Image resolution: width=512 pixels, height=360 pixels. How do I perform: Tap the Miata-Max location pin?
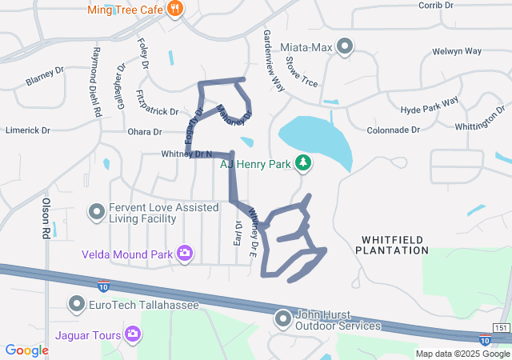(x=345, y=47)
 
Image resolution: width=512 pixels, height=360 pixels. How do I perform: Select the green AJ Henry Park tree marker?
(x=303, y=163)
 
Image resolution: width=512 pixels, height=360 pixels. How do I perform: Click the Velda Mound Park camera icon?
(x=186, y=254)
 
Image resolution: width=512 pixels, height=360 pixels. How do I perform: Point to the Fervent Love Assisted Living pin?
(x=97, y=212)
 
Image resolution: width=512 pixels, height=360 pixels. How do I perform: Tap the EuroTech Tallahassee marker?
(x=77, y=304)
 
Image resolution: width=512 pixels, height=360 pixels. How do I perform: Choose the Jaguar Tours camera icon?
(x=133, y=334)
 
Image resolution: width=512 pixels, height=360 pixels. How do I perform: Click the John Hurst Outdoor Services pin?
(x=282, y=319)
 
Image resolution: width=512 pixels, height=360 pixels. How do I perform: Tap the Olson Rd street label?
(x=46, y=218)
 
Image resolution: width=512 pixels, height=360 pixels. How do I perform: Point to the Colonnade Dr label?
(x=394, y=130)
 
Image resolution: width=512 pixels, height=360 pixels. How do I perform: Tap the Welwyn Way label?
(x=456, y=50)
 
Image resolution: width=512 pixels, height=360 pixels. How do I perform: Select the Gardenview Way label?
(x=273, y=62)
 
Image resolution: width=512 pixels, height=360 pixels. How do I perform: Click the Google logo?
(x=27, y=350)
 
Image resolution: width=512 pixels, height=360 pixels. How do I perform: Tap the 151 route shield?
(x=501, y=328)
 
